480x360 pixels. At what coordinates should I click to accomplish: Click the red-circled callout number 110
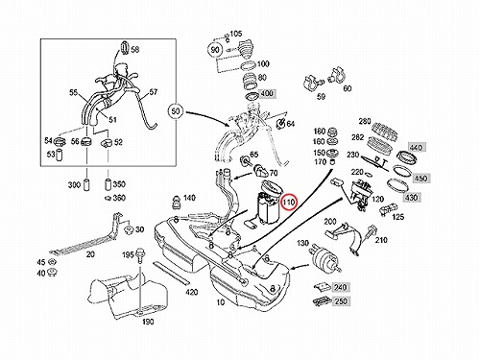(289, 203)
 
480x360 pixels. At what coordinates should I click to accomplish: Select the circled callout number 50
(176, 111)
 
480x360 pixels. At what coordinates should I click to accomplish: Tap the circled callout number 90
(215, 50)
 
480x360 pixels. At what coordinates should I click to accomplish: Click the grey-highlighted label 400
(267, 93)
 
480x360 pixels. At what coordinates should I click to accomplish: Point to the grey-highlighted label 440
(416, 148)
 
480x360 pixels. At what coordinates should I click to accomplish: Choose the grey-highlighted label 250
(340, 301)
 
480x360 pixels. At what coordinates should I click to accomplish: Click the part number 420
(191, 292)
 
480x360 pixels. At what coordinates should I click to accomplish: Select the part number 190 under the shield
(148, 322)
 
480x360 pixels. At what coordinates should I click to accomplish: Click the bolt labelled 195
(140, 255)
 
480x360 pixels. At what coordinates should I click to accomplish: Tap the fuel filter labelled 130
(324, 256)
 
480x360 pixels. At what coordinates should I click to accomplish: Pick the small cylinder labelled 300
(86, 185)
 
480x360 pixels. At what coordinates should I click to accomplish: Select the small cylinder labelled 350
(108, 184)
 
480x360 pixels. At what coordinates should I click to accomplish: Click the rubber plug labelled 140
(176, 203)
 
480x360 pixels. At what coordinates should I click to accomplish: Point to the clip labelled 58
(125, 48)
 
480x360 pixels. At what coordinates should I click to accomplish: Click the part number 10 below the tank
(221, 302)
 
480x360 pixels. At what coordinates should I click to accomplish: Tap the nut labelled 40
(52, 273)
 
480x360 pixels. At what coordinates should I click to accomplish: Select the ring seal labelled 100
(249, 65)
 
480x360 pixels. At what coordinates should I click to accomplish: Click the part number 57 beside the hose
(154, 92)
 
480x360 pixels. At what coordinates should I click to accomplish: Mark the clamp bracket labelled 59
(312, 83)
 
